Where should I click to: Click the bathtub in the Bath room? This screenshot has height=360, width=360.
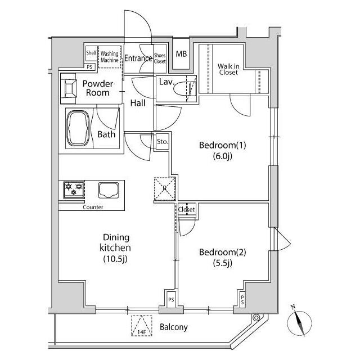pos(78,128)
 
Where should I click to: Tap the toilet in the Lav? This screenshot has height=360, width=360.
pos(185,89)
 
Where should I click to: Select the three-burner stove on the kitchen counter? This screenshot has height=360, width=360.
pos(74,190)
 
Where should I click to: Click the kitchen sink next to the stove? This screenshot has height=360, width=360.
pos(109,190)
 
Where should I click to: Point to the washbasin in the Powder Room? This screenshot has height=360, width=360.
pos(69,88)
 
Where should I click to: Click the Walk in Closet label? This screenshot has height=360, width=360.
pos(228,69)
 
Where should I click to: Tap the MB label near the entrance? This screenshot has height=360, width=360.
pos(181,54)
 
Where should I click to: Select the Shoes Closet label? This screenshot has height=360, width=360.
pos(160,58)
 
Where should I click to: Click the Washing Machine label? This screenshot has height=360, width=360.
pos(110,57)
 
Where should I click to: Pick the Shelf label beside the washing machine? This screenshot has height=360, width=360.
pos(91,53)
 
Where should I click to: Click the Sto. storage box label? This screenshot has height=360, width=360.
pos(163,142)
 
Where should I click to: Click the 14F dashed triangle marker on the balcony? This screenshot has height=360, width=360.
pos(142,326)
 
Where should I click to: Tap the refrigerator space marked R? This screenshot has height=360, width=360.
pos(165,189)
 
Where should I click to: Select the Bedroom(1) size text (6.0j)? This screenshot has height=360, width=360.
pos(223,156)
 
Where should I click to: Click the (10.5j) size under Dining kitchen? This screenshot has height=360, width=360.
pos(115,259)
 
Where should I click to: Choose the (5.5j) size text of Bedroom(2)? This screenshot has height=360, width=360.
pos(223,263)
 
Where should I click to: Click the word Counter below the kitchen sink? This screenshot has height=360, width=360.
pos(93,207)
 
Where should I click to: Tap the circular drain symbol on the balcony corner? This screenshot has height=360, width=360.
pos(256,318)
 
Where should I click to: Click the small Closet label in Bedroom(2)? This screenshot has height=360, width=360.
pos(186,209)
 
